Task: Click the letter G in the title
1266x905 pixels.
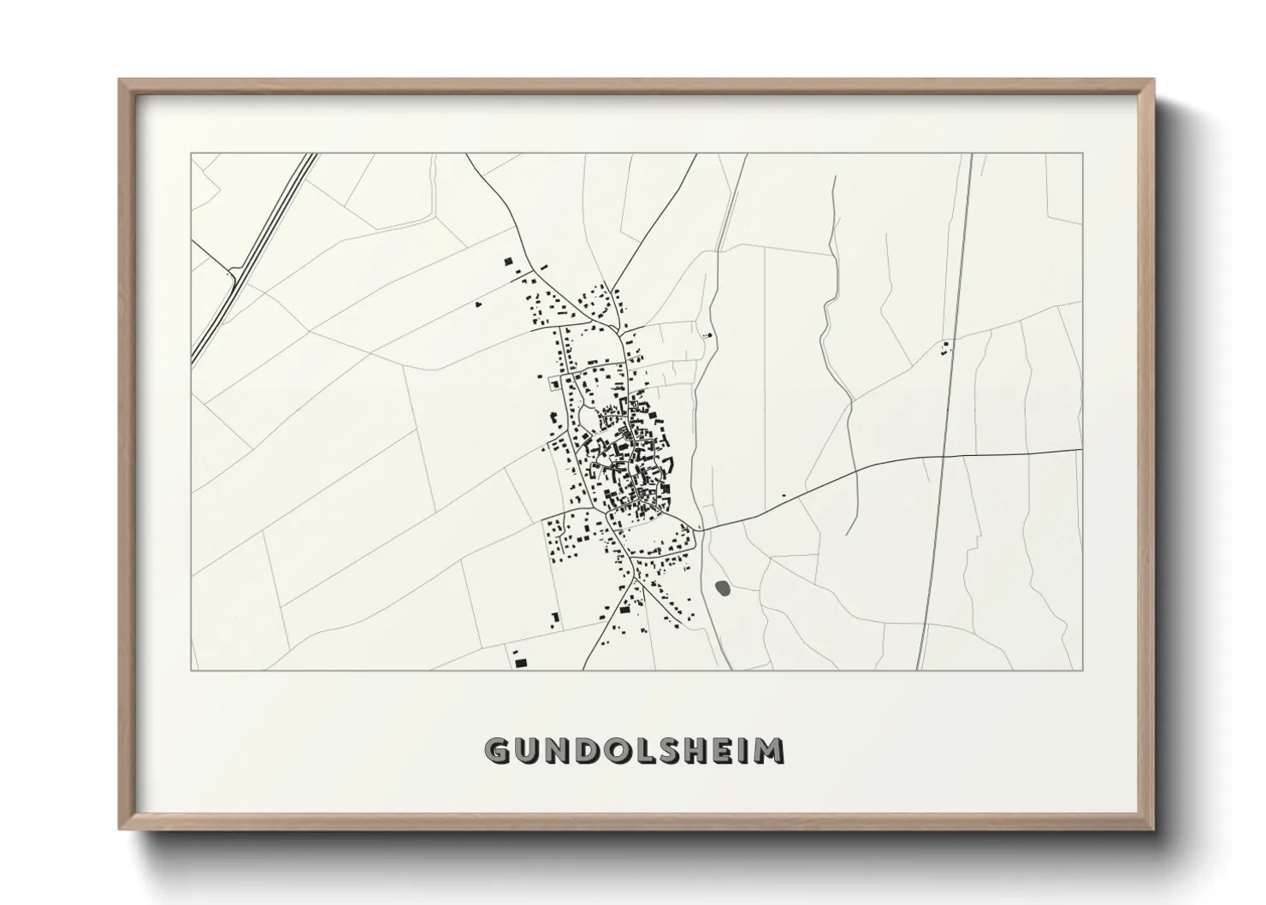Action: click(x=499, y=750)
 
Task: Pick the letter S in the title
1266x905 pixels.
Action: click(x=664, y=750)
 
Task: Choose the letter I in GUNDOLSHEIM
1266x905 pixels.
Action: click(x=742, y=750)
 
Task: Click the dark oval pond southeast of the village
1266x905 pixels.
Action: click(x=724, y=589)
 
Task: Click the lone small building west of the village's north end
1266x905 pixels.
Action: click(x=478, y=303)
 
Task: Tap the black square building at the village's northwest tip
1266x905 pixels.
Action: click(x=507, y=261)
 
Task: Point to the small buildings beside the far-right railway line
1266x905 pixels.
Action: click(x=945, y=347)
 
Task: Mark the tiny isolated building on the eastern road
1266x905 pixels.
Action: click(x=784, y=495)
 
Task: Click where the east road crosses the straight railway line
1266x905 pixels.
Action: click(x=942, y=457)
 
